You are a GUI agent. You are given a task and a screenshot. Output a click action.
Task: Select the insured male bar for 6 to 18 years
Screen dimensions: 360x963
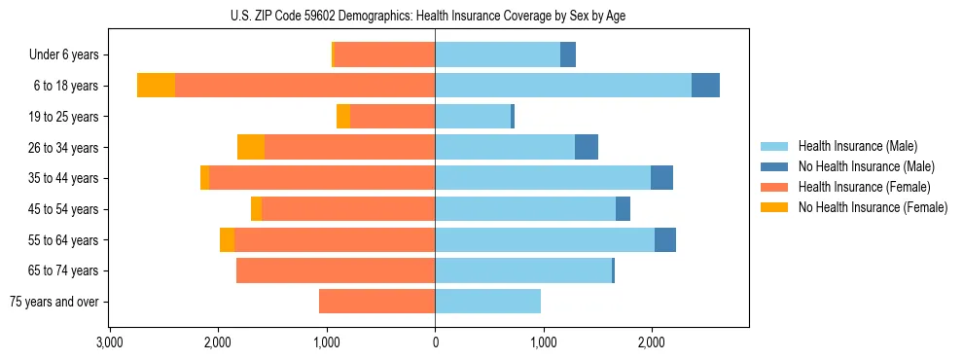563,86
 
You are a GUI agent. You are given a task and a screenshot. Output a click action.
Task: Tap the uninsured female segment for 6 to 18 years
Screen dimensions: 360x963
156,86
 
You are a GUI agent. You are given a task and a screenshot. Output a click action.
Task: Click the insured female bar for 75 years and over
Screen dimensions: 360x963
376,302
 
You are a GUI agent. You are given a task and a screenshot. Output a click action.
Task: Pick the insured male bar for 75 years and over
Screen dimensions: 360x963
487,302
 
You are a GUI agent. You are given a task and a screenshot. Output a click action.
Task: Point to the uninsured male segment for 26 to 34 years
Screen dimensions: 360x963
587,147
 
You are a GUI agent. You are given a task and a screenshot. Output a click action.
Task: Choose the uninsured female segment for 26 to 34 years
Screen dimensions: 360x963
251,147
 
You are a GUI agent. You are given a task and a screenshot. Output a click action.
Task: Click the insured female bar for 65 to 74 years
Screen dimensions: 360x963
336,270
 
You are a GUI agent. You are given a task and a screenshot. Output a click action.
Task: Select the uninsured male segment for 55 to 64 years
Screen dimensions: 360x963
665,240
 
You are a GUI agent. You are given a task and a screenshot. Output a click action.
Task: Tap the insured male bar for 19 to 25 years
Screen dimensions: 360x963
473,117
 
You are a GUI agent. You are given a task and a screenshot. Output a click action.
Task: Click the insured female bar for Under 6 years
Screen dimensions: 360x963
384,54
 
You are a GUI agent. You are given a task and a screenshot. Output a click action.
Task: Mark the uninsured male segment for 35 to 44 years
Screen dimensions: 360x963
661,178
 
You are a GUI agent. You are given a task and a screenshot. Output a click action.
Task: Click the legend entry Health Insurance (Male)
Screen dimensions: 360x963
857,146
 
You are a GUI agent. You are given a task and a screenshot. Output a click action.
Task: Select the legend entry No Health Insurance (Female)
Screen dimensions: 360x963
873,207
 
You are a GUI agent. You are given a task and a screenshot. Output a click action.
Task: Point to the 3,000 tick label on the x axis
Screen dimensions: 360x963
109,342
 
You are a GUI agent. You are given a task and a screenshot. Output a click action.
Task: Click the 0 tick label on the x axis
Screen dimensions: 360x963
435,342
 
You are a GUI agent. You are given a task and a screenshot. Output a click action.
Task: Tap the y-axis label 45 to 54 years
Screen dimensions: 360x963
64,209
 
